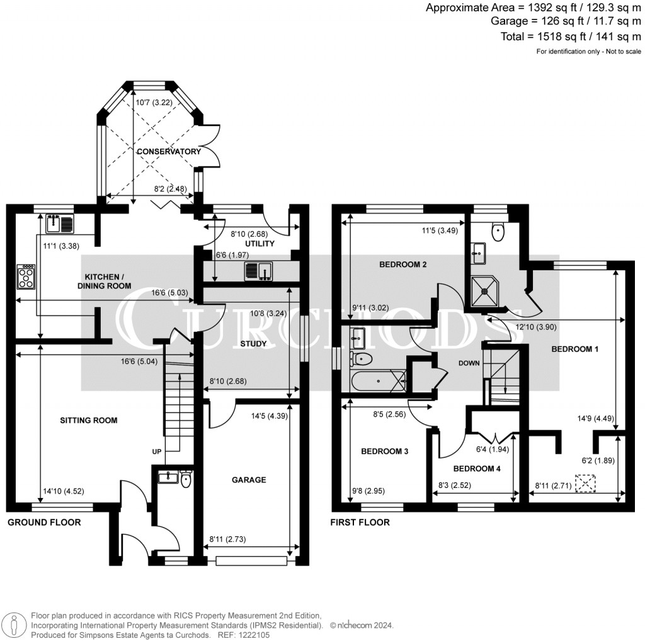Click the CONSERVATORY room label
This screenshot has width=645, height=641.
[x=169, y=152]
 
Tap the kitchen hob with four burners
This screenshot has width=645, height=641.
[x=26, y=276]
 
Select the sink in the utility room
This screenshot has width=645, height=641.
[x=258, y=271]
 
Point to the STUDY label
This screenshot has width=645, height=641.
[x=253, y=344]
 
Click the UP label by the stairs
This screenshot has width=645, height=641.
[x=157, y=451]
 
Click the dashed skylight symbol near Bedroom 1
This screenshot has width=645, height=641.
[x=586, y=484]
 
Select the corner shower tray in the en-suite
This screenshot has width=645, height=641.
[x=487, y=288]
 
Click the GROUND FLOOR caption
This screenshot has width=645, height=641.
[x=44, y=523]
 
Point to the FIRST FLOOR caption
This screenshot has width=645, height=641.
[x=360, y=523]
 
